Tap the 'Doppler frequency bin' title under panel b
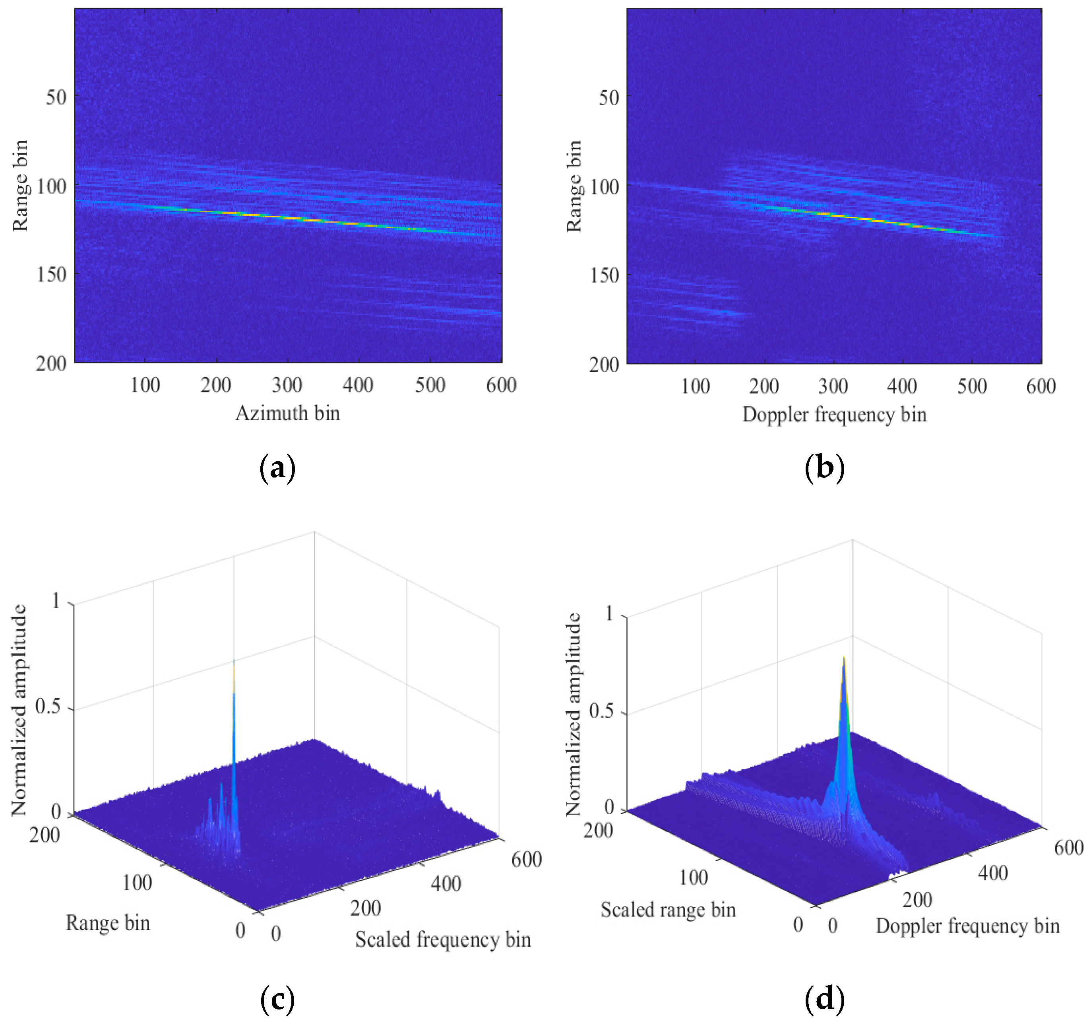(x=834, y=415)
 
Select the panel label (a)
(x=277, y=468)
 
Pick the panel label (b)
(x=824, y=468)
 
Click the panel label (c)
(x=277, y=1000)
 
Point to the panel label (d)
(x=824, y=1000)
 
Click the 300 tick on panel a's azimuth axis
(x=287, y=385)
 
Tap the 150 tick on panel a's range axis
(x=52, y=274)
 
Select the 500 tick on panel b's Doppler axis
(x=972, y=386)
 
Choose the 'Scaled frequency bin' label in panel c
(x=443, y=940)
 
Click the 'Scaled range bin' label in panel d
(x=668, y=910)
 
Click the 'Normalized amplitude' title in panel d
(x=573, y=714)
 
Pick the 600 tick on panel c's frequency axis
(x=526, y=859)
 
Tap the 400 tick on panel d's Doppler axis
(x=993, y=873)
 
